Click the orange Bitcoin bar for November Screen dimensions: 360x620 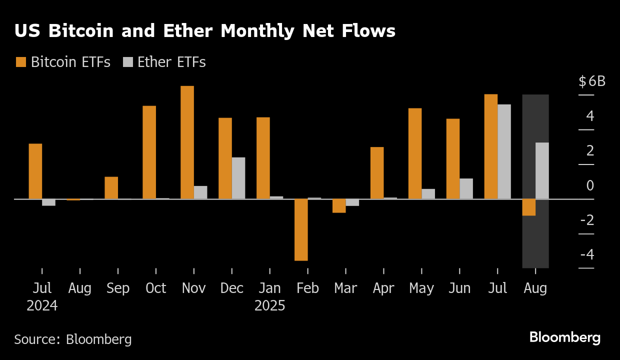[187, 142]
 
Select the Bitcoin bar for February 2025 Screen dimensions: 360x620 [301, 229]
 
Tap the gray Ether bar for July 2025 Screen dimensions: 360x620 [504, 151]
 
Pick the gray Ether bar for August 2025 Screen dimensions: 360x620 [542, 170]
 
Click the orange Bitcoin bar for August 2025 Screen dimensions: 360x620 [529, 207]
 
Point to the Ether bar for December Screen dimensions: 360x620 [238, 178]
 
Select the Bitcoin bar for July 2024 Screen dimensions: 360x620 [35, 171]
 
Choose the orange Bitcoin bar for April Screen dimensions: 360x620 [377, 172]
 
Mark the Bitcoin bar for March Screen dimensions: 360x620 [339, 205]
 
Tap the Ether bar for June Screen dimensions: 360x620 [466, 188]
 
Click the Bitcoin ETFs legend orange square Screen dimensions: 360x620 [21, 62]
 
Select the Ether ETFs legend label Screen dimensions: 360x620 [171, 62]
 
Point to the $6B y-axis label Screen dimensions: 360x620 [592, 81]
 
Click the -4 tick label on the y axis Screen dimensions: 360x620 [587, 254]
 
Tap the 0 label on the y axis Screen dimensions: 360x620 [590, 185]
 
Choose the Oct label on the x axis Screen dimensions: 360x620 [155, 288]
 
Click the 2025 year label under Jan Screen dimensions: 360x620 [269, 305]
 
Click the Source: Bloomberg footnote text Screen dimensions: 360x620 [73, 339]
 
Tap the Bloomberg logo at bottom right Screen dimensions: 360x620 [564, 337]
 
